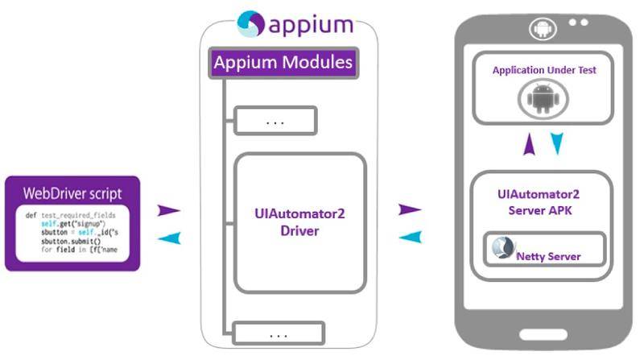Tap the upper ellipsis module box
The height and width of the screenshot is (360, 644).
pyautogui.click(x=275, y=121)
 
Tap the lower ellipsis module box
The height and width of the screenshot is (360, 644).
pyautogui.click(x=279, y=333)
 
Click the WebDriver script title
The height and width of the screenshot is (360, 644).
pyautogui.click(x=73, y=193)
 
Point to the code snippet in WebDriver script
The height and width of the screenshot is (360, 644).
pyautogui.click(x=72, y=233)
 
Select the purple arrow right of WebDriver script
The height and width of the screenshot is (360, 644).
pyautogui.click(x=168, y=210)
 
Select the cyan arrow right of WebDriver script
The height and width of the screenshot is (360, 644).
pyautogui.click(x=168, y=238)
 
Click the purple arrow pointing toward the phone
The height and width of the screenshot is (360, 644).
pyautogui.click(x=410, y=210)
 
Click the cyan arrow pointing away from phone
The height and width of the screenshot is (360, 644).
pyautogui.click(x=410, y=237)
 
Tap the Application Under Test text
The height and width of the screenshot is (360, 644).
pyautogui.click(x=544, y=71)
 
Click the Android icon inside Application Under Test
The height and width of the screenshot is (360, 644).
pyautogui.click(x=544, y=100)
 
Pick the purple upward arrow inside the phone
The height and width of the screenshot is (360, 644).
pyautogui.click(x=528, y=144)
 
